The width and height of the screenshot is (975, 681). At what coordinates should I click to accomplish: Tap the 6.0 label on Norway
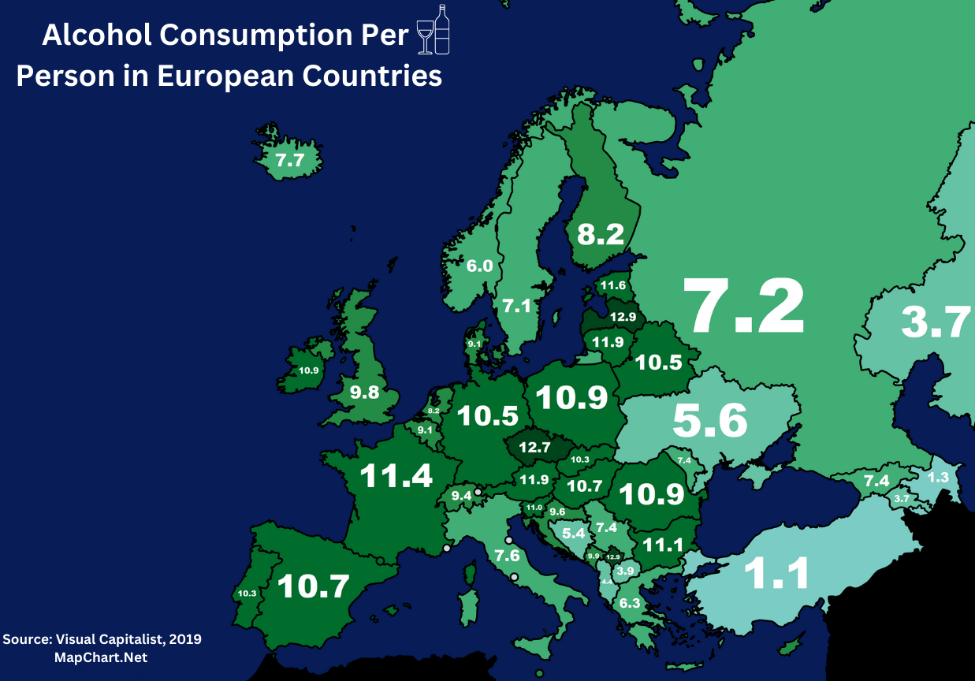(479, 266)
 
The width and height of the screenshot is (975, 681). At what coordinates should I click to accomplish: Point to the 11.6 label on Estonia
(612, 285)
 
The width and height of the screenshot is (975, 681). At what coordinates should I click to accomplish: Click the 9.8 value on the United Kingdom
(365, 392)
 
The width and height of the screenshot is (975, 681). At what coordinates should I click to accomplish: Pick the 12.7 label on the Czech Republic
(534, 448)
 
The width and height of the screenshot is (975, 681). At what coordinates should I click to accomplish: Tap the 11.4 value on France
(396, 476)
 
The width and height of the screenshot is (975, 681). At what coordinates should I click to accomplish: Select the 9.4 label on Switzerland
(460, 496)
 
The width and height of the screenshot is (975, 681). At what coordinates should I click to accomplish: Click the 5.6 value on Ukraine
(709, 422)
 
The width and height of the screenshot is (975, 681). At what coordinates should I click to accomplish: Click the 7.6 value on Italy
(507, 556)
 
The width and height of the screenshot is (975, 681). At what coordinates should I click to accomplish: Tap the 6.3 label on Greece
(630, 604)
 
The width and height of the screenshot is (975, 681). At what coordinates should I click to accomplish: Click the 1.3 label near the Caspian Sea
(937, 478)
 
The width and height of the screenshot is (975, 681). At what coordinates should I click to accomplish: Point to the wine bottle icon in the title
(442, 30)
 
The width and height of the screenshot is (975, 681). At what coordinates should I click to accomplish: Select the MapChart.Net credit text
(100, 657)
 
